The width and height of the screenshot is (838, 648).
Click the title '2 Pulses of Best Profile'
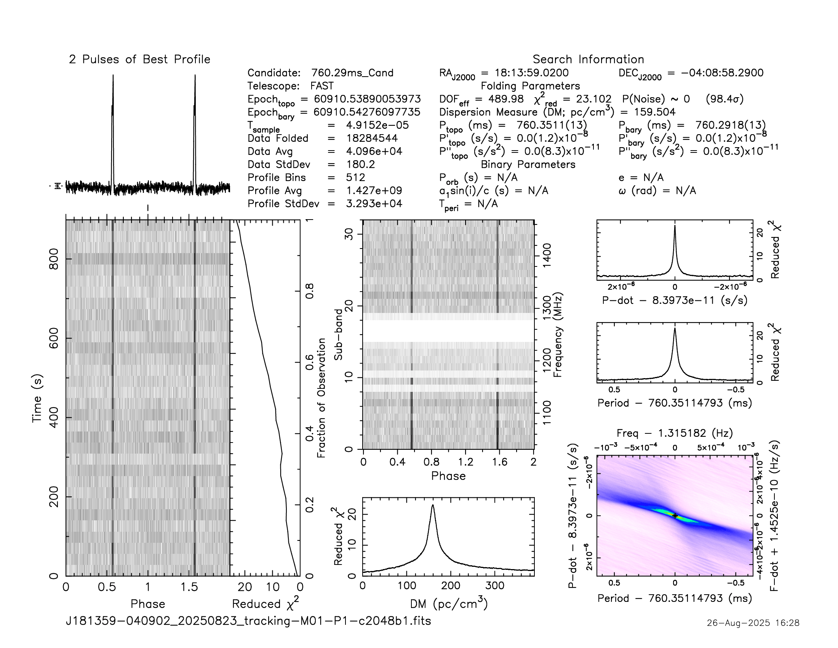tap(139, 59)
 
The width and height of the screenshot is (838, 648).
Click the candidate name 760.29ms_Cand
tap(352, 73)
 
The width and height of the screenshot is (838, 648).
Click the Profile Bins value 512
tap(355, 177)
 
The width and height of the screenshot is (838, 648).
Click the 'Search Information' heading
tap(588, 59)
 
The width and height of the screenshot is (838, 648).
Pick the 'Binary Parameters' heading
tap(528, 164)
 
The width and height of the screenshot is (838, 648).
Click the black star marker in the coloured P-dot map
tap(675, 516)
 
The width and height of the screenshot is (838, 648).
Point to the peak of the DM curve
tap(433, 505)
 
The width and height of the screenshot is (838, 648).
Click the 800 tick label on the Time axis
tap(54, 259)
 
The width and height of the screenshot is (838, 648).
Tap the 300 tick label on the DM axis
tap(494, 586)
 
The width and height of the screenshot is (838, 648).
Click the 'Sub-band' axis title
tap(338, 334)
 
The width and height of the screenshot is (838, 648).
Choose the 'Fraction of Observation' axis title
tap(321, 398)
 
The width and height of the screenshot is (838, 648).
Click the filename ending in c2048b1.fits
tap(248, 621)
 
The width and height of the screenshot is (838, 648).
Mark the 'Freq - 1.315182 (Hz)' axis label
tap(675, 433)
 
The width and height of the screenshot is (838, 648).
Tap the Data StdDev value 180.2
tap(360, 164)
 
